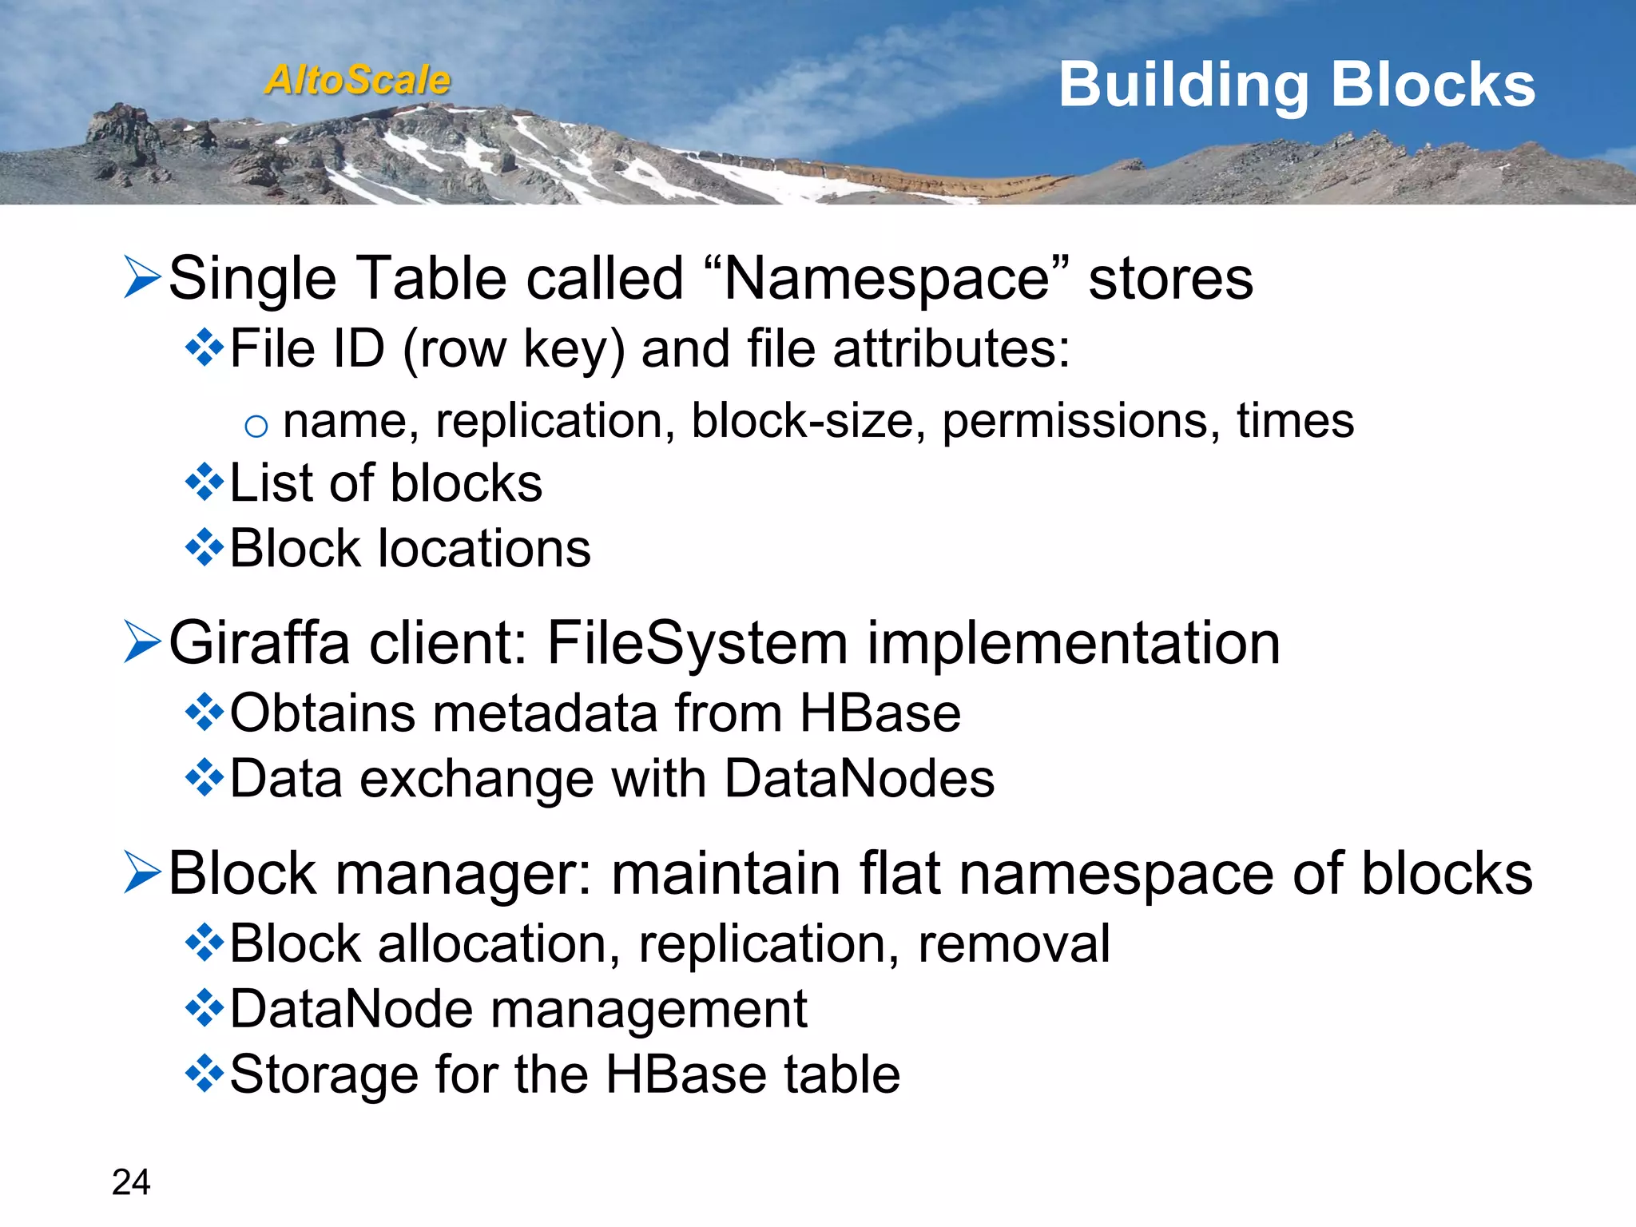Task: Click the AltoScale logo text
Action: (x=358, y=80)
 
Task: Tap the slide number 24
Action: (x=131, y=1182)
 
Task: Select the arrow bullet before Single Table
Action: (x=143, y=277)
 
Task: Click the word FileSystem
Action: (x=697, y=643)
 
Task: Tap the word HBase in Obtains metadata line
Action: (x=880, y=713)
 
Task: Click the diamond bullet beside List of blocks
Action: (x=204, y=482)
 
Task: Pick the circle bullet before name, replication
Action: (x=256, y=427)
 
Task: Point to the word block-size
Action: (x=802, y=421)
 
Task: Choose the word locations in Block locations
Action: (x=484, y=549)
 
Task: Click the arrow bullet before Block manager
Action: (x=143, y=872)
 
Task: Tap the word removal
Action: (x=1014, y=943)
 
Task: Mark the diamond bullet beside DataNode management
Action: (x=204, y=1008)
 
